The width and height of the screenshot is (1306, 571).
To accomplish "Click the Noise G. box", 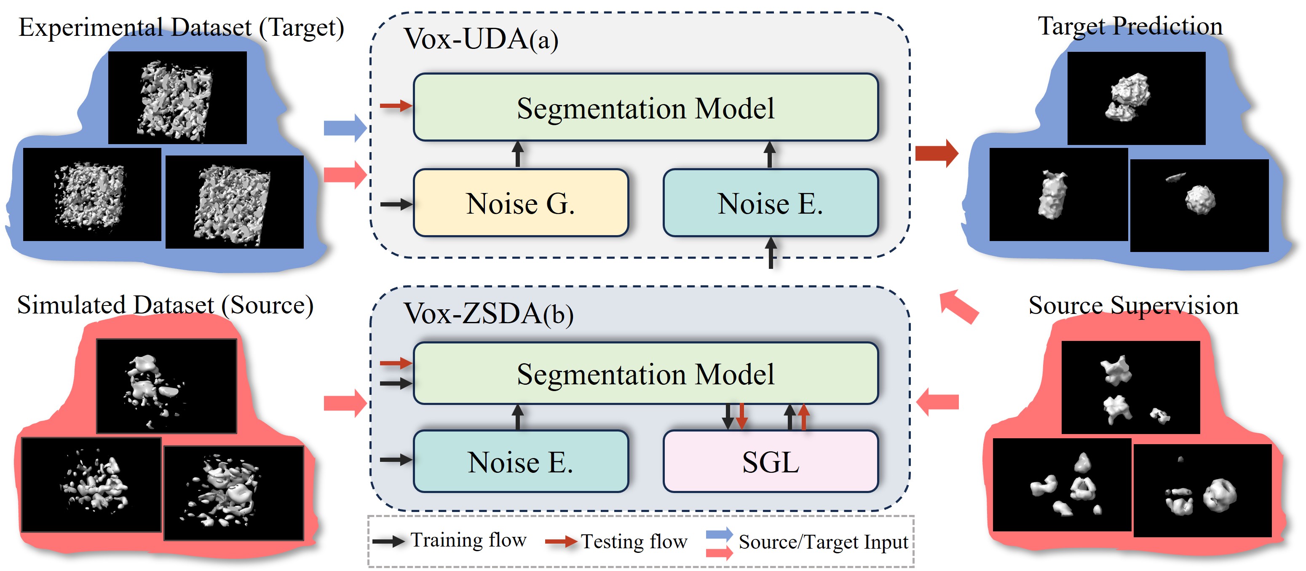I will coord(521,203).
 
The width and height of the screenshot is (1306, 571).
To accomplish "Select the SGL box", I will coord(770,461).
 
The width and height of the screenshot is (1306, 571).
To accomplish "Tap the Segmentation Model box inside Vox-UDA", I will coord(645,107).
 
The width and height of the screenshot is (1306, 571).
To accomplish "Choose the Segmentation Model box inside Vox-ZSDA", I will coord(645,374).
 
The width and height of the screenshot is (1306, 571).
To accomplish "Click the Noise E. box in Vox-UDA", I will coord(770,203).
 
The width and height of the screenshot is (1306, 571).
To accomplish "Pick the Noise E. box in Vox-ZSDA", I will coord(521,461).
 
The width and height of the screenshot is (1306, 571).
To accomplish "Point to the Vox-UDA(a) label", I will coord(481,39).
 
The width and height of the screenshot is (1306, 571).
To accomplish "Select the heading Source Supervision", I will coord(1133,305).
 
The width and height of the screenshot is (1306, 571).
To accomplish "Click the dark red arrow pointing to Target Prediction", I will coord(937,153).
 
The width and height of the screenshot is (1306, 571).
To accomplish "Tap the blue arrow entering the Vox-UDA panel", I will coord(345,128).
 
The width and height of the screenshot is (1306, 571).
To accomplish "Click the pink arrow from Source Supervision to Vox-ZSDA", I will coord(937,402).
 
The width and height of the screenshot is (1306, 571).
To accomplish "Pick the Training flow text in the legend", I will coord(468,540).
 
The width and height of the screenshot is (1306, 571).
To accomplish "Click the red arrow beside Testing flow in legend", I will coord(560,542).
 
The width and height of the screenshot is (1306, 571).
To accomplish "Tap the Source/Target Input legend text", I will coord(823,542).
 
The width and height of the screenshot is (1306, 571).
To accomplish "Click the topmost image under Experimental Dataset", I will coord(177,97).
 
